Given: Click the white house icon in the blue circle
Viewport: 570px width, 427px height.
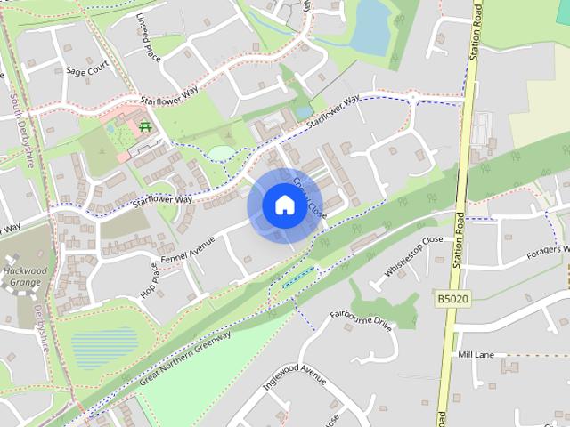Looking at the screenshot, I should coord(283,205).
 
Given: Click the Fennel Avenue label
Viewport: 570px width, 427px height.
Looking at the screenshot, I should coord(190,247).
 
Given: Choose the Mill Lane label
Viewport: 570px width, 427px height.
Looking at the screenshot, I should coord(475,354).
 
